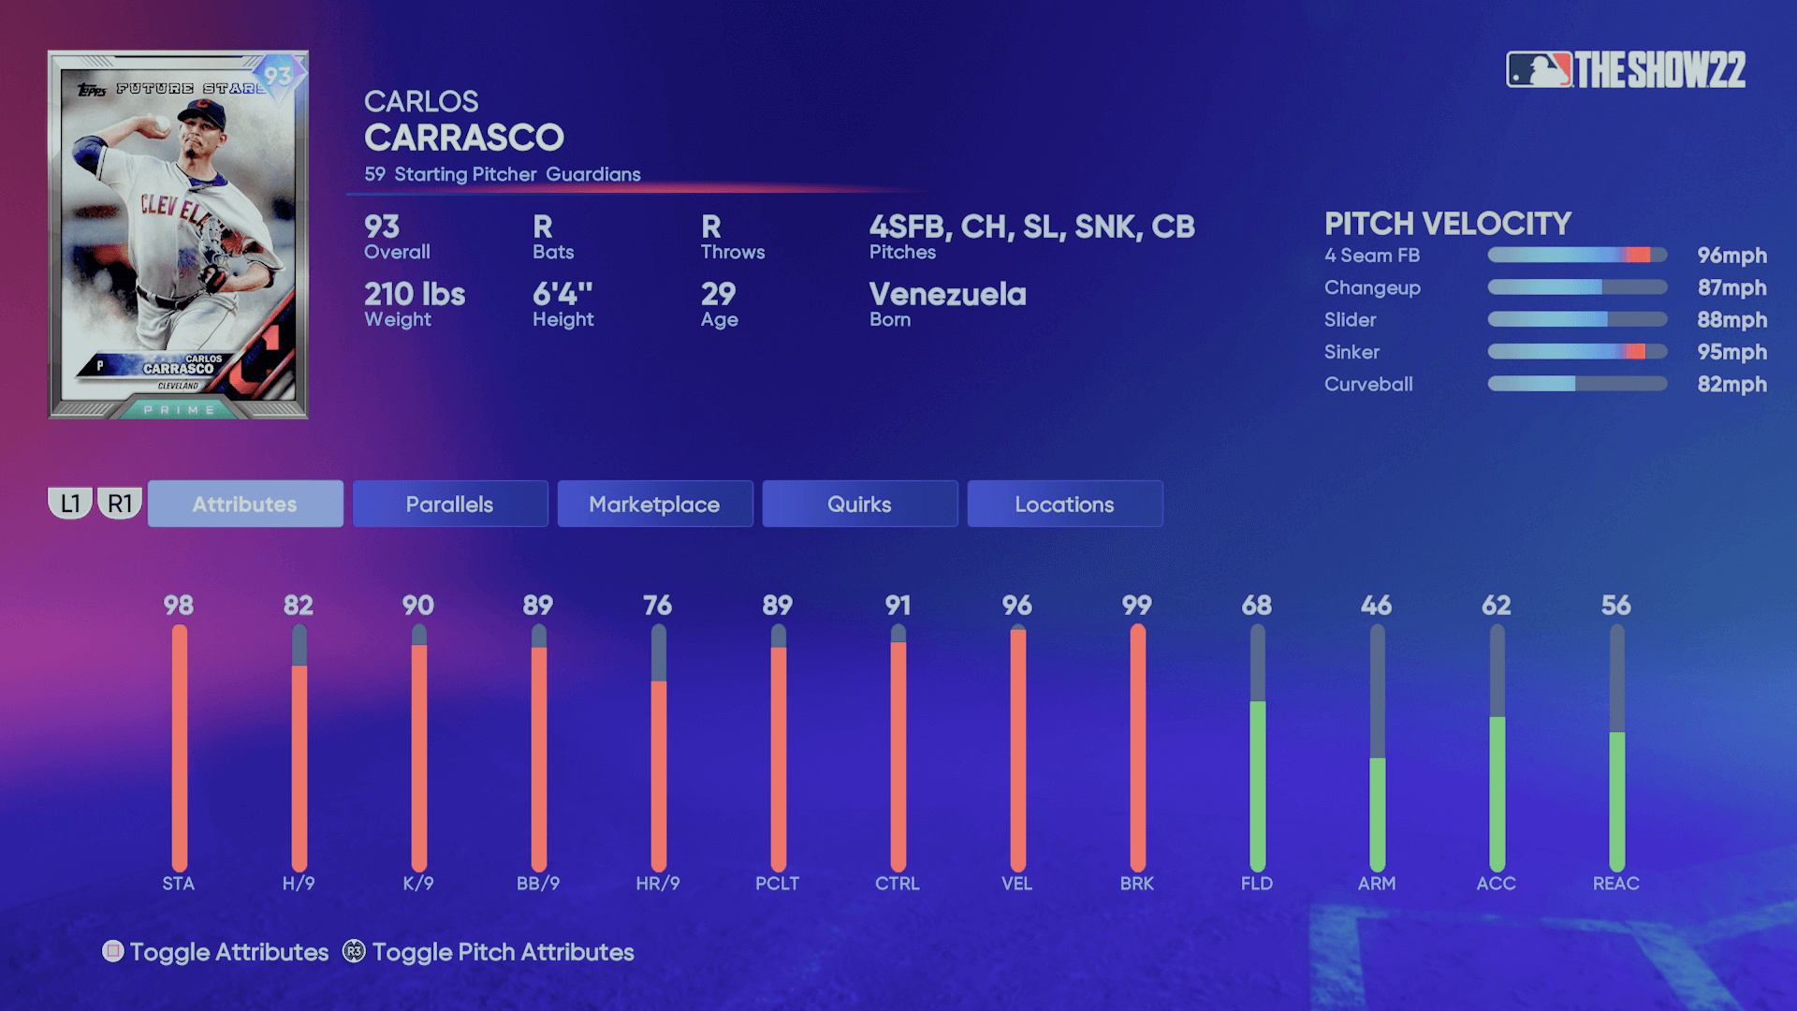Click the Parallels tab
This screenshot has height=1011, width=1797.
449,504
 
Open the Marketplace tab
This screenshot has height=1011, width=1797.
654,504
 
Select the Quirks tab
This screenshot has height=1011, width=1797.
859,504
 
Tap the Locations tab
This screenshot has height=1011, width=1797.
1064,504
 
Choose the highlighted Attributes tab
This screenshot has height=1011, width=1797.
244,504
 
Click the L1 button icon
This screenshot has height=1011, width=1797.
70,504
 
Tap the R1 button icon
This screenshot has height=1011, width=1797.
120,504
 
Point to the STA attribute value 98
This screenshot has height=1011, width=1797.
179,605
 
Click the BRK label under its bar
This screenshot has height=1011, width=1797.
1137,883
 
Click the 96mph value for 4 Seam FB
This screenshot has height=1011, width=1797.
1731,256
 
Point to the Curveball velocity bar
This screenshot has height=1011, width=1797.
1577,384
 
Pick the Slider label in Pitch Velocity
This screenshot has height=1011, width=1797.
1350,320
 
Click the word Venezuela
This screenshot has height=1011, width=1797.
947,294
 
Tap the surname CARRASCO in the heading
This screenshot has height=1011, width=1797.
464,139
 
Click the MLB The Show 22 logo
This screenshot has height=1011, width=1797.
1626,70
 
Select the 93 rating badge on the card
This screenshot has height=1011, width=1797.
278,76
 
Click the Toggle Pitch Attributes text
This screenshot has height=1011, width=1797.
503,952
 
